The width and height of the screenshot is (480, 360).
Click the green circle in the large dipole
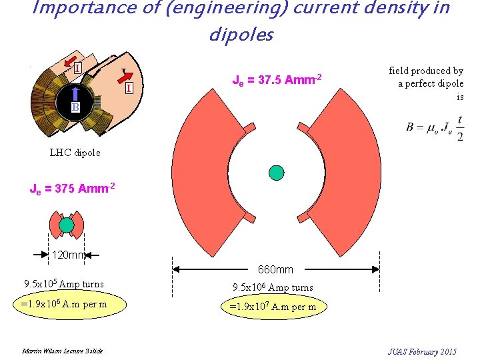point(277,172)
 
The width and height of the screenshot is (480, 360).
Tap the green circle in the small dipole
point(67,225)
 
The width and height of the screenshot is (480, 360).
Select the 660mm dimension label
point(275,269)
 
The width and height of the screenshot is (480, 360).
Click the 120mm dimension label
point(69,254)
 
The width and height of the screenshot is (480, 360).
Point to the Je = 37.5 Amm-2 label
point(277,81)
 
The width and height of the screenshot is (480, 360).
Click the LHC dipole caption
point(75,153)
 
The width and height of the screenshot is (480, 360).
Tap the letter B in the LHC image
point(77,107)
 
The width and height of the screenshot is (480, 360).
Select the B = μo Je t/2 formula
point(435,127)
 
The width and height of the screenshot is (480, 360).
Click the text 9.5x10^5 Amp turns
point(64,284)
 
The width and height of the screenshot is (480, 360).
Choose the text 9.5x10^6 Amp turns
point(273,288)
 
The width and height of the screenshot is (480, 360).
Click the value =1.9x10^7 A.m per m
point(273,307)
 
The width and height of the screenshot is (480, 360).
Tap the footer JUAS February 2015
point(422,351)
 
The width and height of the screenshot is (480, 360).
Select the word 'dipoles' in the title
point(241,35)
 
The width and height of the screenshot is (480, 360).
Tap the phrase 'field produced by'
point(426,71)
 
